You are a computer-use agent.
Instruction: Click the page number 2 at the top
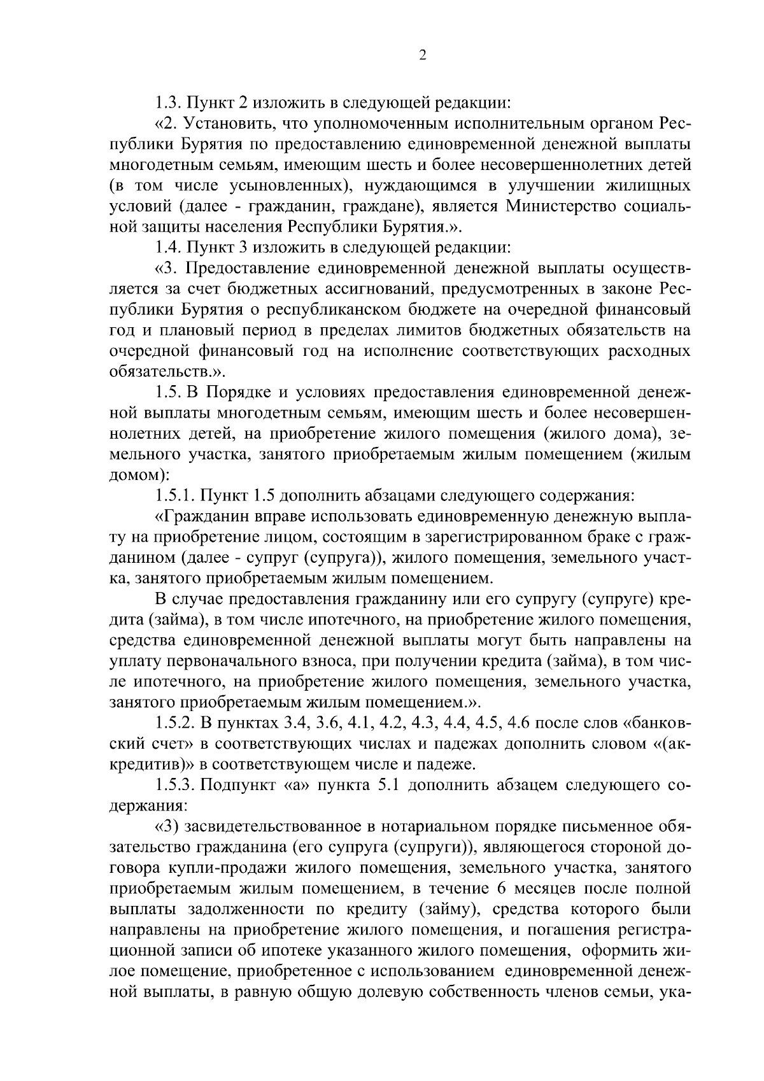[422, 55]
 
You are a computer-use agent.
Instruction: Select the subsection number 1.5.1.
[175, 495]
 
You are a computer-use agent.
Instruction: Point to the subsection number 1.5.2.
[175, 723]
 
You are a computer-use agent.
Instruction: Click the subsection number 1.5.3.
[175, 785]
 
